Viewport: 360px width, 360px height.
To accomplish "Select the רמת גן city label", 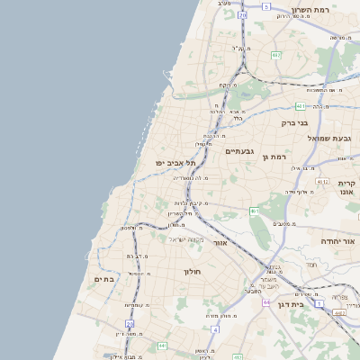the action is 274,157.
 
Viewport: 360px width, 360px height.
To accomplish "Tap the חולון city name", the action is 192,271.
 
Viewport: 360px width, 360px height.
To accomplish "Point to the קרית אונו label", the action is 348,186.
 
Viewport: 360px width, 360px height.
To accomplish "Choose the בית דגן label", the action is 310,304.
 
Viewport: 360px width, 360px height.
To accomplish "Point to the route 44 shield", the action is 267,303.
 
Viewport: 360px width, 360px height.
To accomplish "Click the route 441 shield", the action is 162,345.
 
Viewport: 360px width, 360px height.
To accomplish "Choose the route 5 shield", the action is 266,6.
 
